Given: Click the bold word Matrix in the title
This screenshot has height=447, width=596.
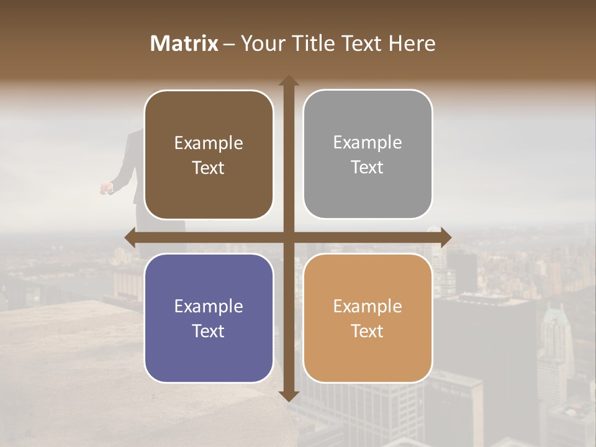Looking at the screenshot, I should tap(184, 43).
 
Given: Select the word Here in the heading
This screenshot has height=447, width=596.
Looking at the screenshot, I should tap(412, 43).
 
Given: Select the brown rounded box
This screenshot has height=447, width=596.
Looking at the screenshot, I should tap(209, 155).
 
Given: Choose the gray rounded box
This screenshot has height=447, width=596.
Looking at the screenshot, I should tap(368, 154).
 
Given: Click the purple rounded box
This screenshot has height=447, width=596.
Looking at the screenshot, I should tap(209, 318).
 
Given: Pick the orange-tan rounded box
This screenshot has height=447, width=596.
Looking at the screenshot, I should tap(368, 318).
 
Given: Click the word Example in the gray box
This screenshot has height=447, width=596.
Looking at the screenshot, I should tap(368, 143).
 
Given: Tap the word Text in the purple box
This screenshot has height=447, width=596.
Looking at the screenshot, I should tap(208, 331).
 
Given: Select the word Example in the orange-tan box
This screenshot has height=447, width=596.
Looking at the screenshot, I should tap(368, 306).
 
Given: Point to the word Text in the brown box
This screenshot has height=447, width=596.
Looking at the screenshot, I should tap(208, 168).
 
